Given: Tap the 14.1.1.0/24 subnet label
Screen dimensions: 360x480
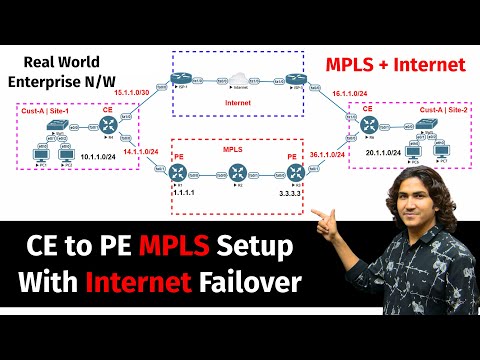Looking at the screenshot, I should pos(142,153).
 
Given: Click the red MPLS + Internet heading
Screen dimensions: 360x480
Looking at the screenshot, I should pos(394,64).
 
